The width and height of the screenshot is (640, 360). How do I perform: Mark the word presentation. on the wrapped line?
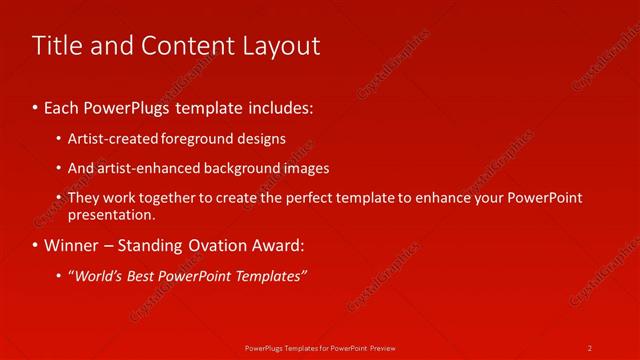click(111, 214)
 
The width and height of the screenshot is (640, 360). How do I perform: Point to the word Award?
click(280, 245)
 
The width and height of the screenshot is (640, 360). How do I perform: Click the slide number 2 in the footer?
click(590, 348)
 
